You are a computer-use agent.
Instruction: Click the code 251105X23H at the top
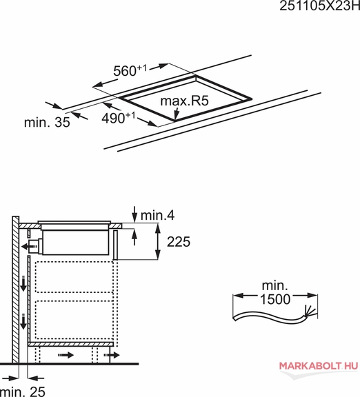click(319, 6)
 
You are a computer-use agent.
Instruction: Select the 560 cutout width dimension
click(130, 70)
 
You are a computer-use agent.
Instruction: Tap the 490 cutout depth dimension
click(119, 118)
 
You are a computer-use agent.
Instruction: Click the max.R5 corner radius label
click(184, 101)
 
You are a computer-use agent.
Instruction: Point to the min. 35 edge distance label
click(47, 122)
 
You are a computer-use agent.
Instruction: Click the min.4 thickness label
click(157, 216)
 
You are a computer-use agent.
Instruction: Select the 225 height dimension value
click(179, 241)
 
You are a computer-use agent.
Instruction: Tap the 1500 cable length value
click(275, 299)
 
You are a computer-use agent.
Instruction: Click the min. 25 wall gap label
click(23, 391)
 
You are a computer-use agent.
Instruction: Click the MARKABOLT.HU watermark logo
click(319, 366)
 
